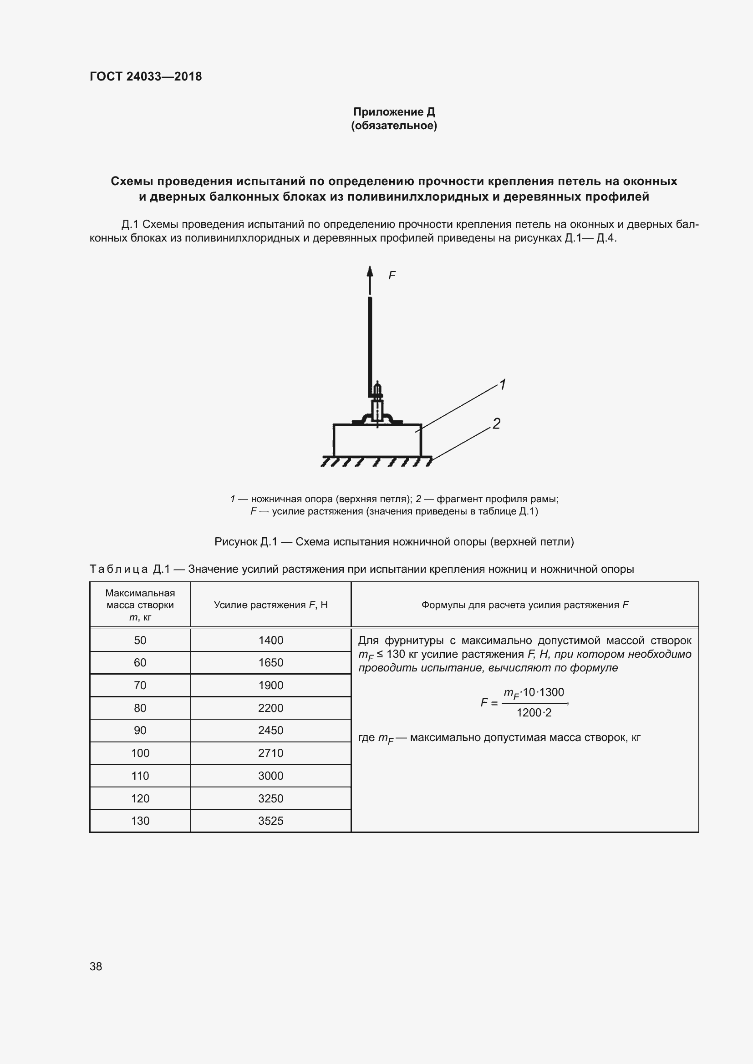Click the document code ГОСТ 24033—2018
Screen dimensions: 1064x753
coord(146,76)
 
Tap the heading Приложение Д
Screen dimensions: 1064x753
coord(394,112)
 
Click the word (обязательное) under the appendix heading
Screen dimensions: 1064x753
coord(394,126)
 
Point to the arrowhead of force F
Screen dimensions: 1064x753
coord(370,271)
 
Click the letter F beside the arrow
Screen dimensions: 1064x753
coord(392,276)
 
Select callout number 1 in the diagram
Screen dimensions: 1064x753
coord(502,384)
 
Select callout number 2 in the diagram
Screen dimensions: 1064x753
coord(496,423)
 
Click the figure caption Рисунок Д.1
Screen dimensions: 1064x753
coord(394,542)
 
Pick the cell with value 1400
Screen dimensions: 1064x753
coord(271,640)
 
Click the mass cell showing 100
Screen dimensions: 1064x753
coord(140,753)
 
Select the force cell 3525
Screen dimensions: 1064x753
coord(271,821)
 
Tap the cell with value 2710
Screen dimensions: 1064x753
coord(271,753)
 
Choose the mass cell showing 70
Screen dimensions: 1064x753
coord(140,685)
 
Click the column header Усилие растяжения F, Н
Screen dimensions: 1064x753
coord(271,605)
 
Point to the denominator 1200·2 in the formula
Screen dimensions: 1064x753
coord(534,713)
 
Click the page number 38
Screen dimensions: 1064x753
coord(96,966)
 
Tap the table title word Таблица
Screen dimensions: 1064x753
coord(119,569)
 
